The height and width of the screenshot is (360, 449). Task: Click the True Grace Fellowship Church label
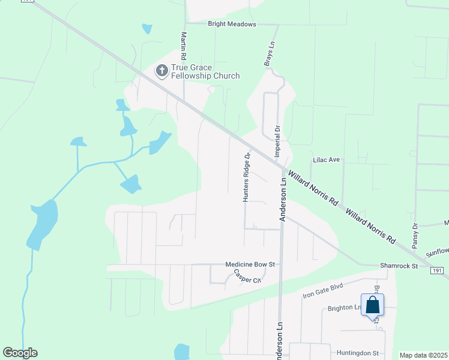[205, 71]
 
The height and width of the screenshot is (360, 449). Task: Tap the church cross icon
[161, 71]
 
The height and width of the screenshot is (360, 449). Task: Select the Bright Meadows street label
[232, 24]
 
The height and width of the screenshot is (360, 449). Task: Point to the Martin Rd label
[184, 45]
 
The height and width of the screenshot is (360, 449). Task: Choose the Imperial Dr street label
[277, 141]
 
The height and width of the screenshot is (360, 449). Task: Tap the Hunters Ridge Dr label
[246, 177]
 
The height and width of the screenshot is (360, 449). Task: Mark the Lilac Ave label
[327, 160]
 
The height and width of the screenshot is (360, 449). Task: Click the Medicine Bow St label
[250, 264]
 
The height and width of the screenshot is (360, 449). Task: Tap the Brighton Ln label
[343, 308]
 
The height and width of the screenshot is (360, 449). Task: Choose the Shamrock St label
[398, 265]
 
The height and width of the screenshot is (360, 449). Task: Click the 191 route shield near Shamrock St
[438, 272]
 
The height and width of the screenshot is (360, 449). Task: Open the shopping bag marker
[372, 305]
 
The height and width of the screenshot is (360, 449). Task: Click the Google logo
[20, 353]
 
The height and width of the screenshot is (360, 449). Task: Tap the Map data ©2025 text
[423, 355]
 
